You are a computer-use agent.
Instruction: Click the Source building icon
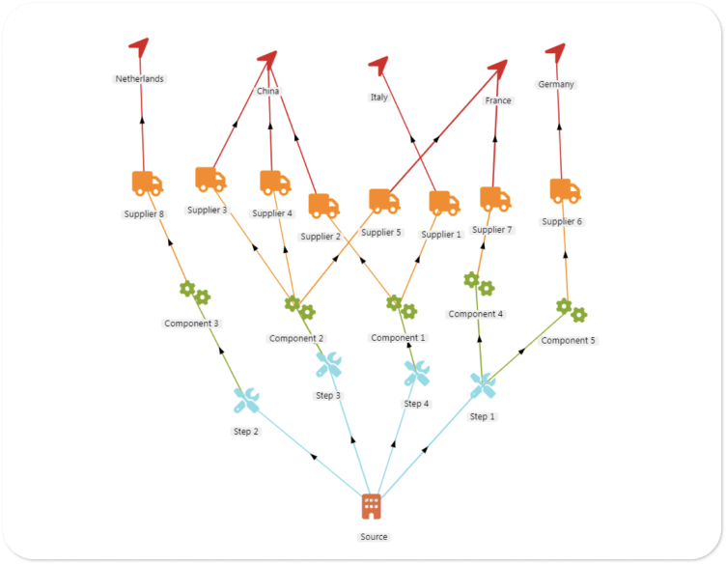point(371,506)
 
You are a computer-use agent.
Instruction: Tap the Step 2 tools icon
point(246,400)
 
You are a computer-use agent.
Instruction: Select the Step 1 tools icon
point(482,385)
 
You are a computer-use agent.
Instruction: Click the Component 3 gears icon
point(194,293)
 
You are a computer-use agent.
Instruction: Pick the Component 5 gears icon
point(571,310)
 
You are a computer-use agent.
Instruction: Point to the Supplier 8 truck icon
point(147,183)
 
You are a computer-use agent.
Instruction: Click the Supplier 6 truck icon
point(565,190)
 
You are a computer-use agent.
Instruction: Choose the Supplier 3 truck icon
point(209,180)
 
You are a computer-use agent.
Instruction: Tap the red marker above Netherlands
point(140,47)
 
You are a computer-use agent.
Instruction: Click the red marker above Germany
point(555,50)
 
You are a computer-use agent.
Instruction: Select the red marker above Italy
point(378,65)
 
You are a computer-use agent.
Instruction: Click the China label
point(268,92)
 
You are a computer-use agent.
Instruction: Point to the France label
point(498,100)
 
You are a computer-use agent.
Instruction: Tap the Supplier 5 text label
point(381,232)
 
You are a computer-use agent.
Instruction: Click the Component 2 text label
point(296,338)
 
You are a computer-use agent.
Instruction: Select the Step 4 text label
point(417,404)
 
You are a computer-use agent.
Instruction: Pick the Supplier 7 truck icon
point(495,199)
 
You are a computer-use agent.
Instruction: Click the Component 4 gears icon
point(478,284)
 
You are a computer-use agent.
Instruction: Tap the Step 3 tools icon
point(328,364)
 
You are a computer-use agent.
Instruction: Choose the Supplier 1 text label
point(442,235)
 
